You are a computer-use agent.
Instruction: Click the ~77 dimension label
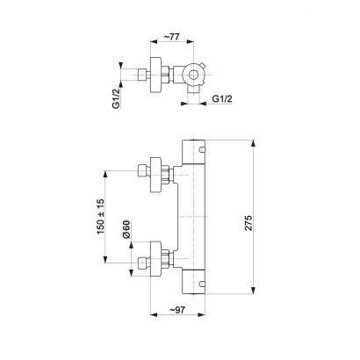click(x=171, y=37)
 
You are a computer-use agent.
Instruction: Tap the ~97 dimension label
click(x=177, y=310)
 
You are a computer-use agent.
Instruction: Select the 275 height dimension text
click(x=248, y=223)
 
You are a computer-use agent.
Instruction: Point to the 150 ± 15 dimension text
click(x=100, y=217)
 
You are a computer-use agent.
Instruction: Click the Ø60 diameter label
click(x=126, y=229)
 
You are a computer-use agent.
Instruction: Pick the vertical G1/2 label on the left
click(x=117, y=98)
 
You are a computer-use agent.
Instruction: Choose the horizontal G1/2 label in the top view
click(x=222, y=98)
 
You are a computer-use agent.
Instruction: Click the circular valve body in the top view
click(x=193, y=75)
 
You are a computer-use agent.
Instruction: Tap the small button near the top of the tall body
click(x=202, y=150)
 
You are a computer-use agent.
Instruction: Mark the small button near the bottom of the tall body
click(x=202, y=284)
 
